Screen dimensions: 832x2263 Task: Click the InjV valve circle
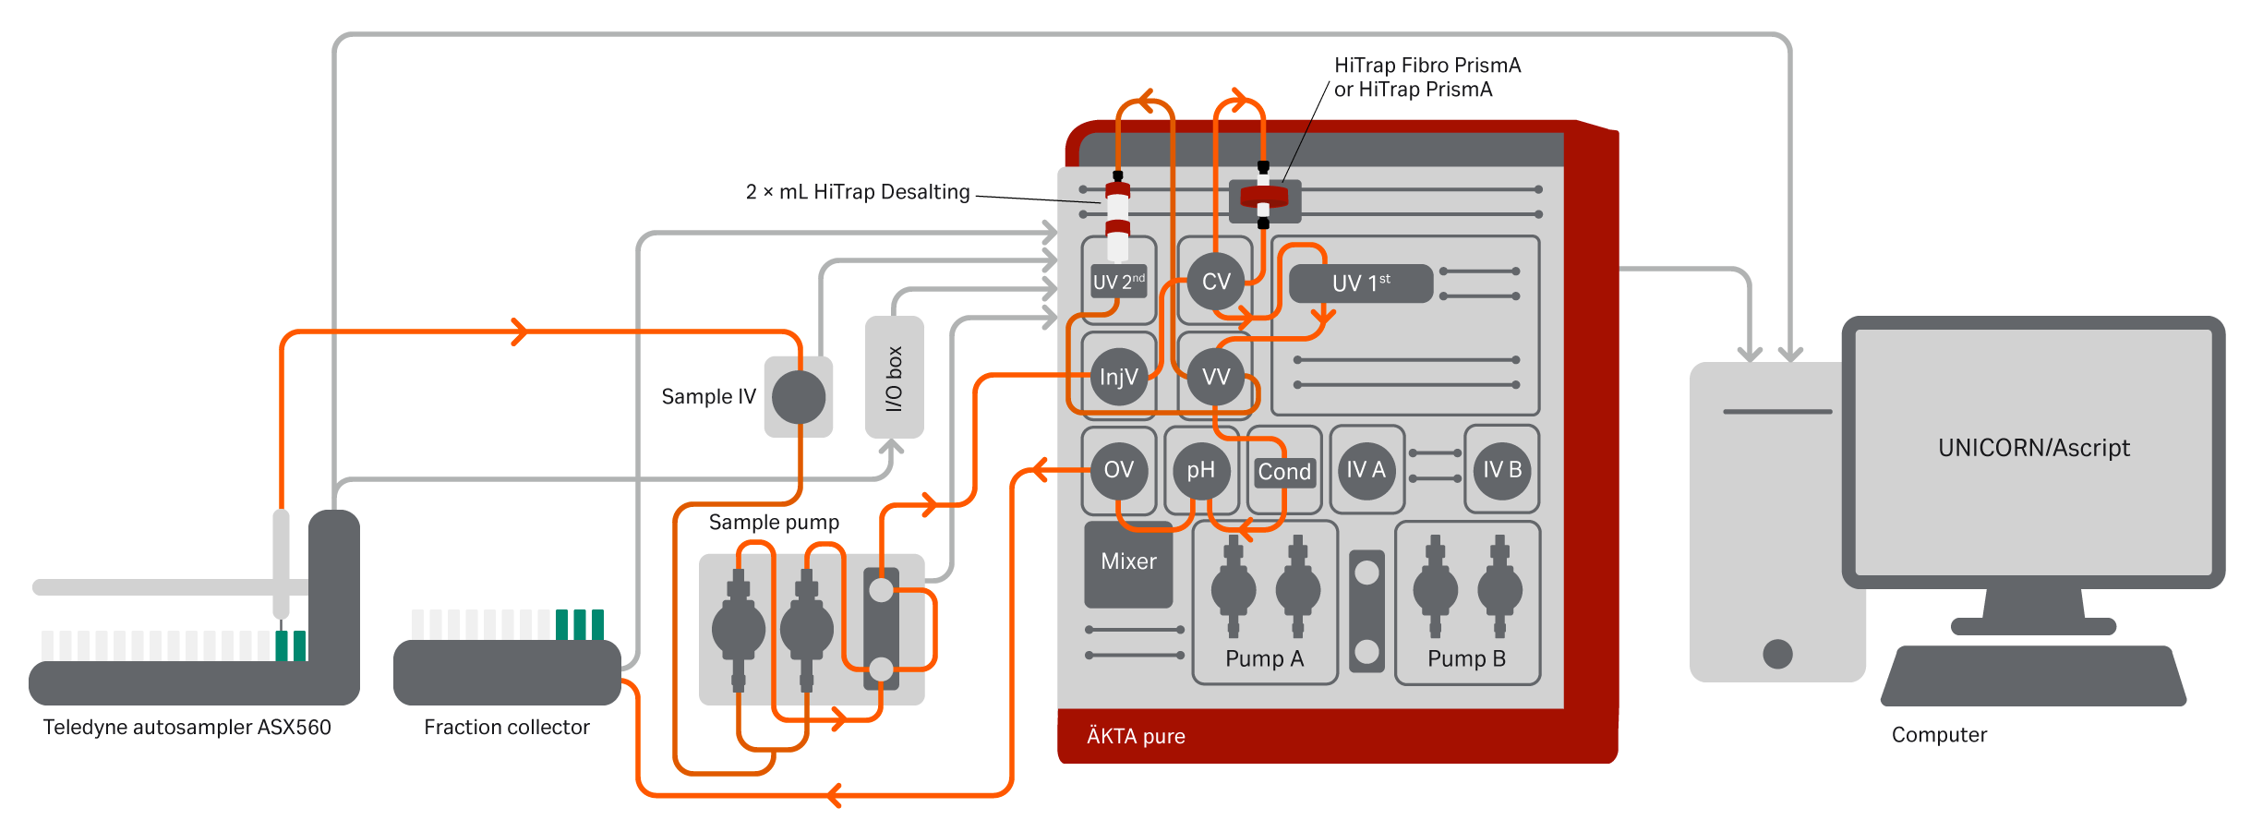pyautogui.click(x=1118, y=377)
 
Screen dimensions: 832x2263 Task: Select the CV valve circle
pyautogui.click(x=1216, y=282)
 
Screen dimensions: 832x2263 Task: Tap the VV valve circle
pyautogui.click(x=1216, y=377)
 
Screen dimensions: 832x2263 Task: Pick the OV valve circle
pyautogui.click(x=1118, y=470)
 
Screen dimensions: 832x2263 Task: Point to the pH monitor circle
pyautogui.click(x=1200, y=471)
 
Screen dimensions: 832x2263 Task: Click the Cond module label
pyautogui.click(x=1284, y=472)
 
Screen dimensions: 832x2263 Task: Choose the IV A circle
pyautogui.click(x=1366, y=470)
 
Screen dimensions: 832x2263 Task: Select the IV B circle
pyautogui.click(x=1502, y=470)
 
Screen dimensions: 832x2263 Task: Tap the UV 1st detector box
pyautogui.click(x=1361, y=283)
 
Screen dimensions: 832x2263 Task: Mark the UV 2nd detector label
pyautogui.click(x=1118, y=282)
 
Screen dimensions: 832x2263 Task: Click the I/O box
pyautogui.click(x=894, y=378)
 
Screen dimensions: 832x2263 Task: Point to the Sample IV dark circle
pyautogui.click(x=799, y=397)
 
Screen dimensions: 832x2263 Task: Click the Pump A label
pyautogui.click(x=1264, y=658)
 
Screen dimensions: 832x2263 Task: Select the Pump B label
pyautogui.click(x=1466, y=658)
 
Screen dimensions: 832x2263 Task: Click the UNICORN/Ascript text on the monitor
pyautogui.click(x=2034, y=448)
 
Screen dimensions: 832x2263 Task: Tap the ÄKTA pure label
pyautogui.click(x=1136, y=736)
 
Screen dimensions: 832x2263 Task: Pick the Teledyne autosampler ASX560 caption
pyautogui.click(x=187, y=728)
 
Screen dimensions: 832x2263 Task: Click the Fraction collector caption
pyautogui.click(x=506, y=728)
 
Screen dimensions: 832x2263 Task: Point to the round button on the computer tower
pyautogui.click(x=1777, y=654)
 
